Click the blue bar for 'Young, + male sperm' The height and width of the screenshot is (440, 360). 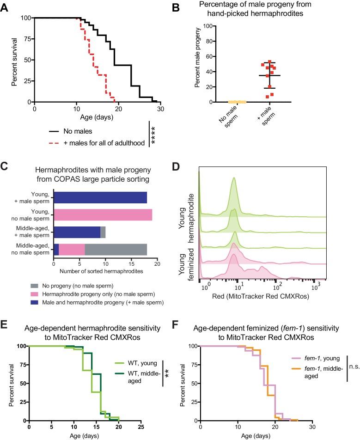(100, 198)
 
